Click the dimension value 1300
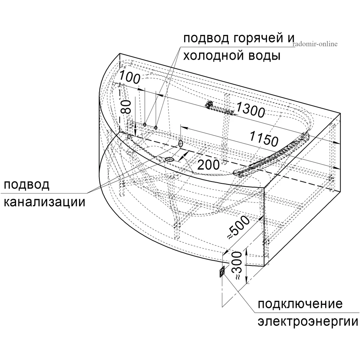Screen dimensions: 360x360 [x=250, y=110]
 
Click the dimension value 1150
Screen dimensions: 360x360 [x=264, y=139]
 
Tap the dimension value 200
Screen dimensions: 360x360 [x=208, y=165]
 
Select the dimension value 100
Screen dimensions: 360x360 [x=129, y=77]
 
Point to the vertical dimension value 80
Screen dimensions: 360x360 [x=126, y=107]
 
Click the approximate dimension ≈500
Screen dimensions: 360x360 [x=238, y=227]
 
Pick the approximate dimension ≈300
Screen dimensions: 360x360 [x=237, y=265]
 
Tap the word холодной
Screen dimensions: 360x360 [x=212, y=55]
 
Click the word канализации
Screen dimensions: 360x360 [x=45, y=202]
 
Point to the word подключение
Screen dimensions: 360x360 [x=300, y=304]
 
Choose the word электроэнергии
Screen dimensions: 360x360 [x=308, y=322]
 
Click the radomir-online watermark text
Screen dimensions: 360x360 [x=315, y=43]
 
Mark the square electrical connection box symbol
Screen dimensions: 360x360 [x=222, y=271]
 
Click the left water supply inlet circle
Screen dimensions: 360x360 [x=145, y=124]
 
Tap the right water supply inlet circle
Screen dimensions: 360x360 [x=156, y=127]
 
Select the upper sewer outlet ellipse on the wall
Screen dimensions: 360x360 [x=180, y=144]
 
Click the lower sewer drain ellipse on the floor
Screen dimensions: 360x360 [x=169, y=159]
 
